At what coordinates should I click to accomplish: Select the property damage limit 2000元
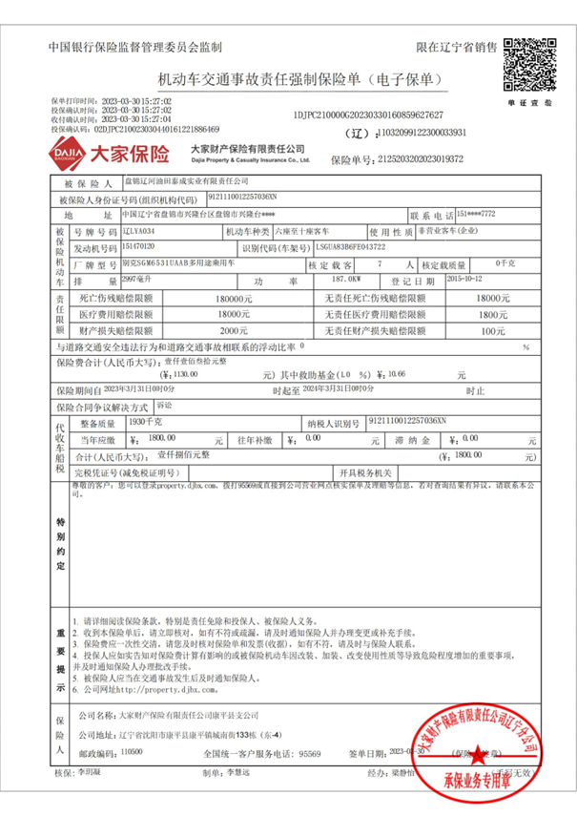coord(233,330)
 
